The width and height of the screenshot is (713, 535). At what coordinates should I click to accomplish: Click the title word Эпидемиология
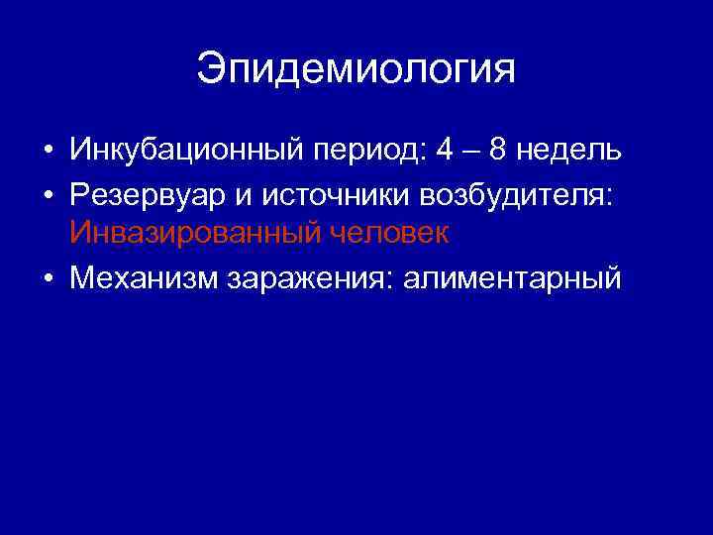[356, 70]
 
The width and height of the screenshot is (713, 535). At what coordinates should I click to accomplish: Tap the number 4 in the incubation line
[444, 151]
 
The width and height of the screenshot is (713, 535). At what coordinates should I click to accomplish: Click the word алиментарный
[511, 277]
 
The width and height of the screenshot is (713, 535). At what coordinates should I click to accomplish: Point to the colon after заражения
[396, 279]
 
